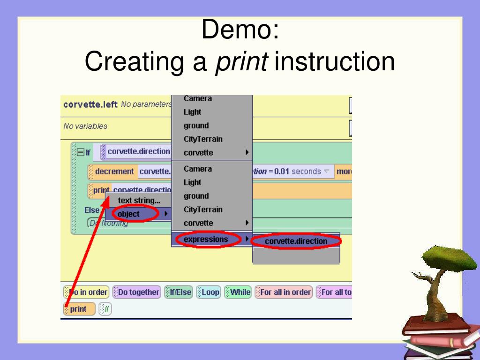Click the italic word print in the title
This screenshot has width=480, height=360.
click(x=241, y=62)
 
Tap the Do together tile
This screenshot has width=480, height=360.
click(x=137, y=292)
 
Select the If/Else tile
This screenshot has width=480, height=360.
click(x=179, y=292)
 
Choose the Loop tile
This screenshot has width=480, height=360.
click(x=209, y=292)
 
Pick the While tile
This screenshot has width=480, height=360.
click(x=238, y=292)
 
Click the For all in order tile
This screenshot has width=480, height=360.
click(x=284, y=292)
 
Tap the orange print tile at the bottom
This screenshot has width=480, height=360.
click(x=79, y=309)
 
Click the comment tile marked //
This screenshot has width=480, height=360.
click(x=105, y=309)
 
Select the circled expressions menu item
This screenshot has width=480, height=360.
click(x=206, y=239)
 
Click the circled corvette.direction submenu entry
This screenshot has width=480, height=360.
click(x=296, y=241)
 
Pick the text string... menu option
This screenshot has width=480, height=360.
click(x=138, y=201)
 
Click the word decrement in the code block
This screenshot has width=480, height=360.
click(x=114, y=172)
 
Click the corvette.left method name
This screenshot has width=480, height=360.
click(x=90, y=104)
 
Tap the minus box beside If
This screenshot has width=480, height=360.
click(x=80, y=152)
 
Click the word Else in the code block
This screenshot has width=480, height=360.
click(x=92, y=210)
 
